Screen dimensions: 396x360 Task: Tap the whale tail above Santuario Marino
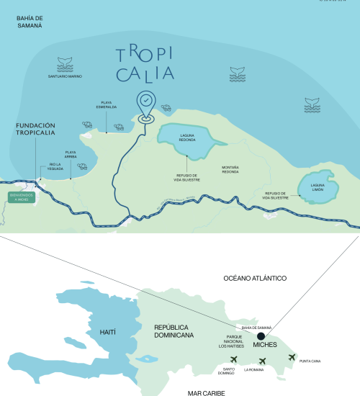coord(65,68)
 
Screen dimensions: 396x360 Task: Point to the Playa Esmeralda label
coord(107,105)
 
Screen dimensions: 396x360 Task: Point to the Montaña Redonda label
coord(230,170)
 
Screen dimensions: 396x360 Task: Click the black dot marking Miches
coord(260,335)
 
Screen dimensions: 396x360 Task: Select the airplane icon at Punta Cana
coord(292,358)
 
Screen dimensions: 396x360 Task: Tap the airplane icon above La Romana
coord(262,361)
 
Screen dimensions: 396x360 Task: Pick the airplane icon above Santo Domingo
coord(233,360)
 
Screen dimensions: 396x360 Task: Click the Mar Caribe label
coord(206,392)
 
